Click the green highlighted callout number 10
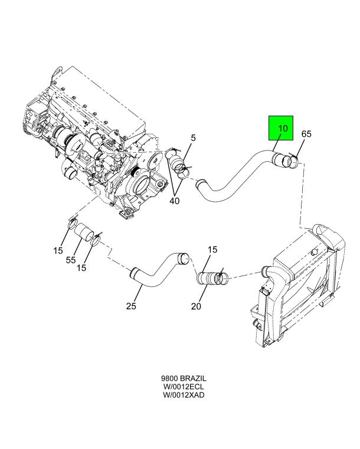pos(283,129)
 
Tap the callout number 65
pos(306,134)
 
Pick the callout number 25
pos(132,306)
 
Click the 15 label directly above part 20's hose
pos(211,251)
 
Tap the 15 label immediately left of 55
pos(57,251)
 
